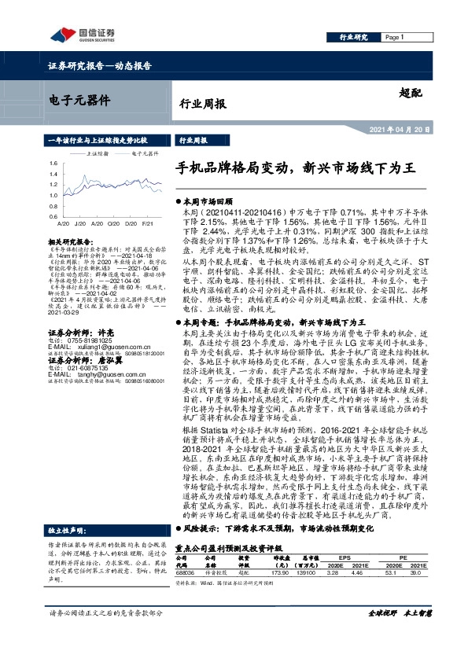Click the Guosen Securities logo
click(x=72, y=34)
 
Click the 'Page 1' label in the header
click(x=394, y=37)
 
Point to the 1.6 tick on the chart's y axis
click(x=53, y=164)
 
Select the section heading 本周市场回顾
click(x=208, y=202)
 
